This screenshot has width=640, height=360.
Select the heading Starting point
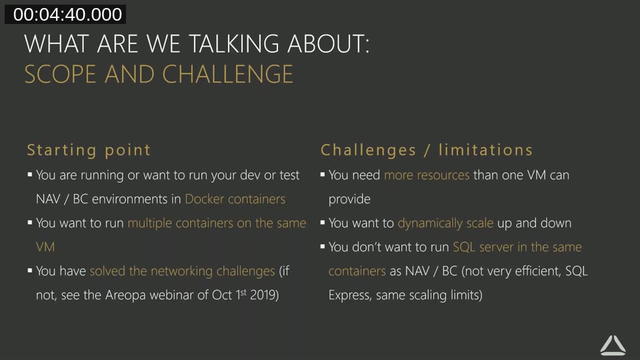[89, 150]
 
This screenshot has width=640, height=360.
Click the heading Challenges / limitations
[427, 150]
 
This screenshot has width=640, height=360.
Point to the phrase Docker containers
[235, 199]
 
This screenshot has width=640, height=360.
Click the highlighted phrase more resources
[427, 175]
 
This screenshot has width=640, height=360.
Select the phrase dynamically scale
[445, 223]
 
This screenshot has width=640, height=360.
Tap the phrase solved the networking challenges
[182, 271]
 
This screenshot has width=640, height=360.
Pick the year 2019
[263, 295]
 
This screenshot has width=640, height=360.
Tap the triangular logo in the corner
[613, 345]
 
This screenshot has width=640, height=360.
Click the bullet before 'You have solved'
[30, 271]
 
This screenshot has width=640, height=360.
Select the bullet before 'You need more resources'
[323, 175]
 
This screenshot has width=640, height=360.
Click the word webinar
[175, 295]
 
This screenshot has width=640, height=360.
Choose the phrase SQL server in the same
[517, 247]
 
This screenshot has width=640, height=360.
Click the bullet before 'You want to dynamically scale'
[323, 223]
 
